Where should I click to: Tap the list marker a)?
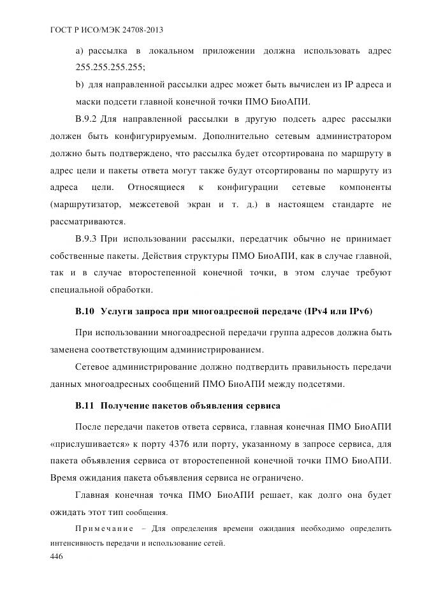[x=80, y=50]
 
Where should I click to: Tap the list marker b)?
[x=80, y=84]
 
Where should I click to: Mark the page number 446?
[x=57, y=556]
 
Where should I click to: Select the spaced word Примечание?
[x=104, y=529]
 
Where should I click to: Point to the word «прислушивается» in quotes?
[x=88, y=443]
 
